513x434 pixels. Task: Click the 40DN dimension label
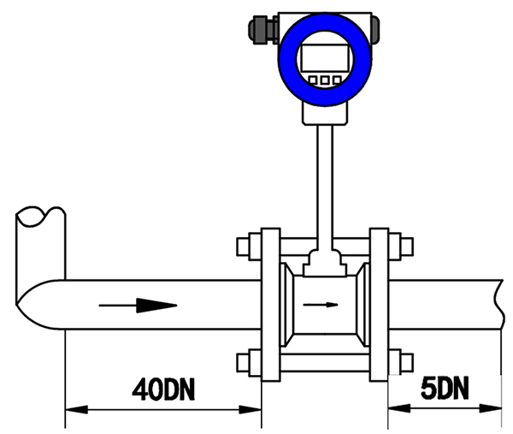(163, 389)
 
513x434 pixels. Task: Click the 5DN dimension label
(445, 388)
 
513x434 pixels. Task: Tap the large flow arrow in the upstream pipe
(138, 306)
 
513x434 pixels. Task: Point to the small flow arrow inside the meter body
(321, 305)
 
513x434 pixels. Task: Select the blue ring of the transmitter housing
(286, 59)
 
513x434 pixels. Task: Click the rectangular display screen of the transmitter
(325, 58)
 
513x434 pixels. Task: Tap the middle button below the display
(325, 80)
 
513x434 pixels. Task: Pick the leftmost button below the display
(313, 80)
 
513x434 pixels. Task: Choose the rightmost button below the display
(337, 80)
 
